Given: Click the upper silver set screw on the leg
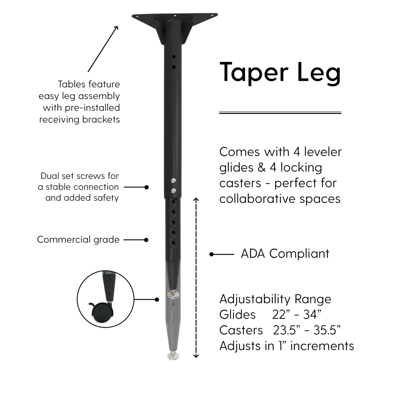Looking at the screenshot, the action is (x=173, y=181).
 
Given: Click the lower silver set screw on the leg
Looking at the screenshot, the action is (x=173, y=191).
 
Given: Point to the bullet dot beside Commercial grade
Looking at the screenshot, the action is (x=146, y=240).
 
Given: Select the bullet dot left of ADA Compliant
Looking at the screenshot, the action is (x=211, y=254).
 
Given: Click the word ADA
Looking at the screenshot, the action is (x=253, y=253).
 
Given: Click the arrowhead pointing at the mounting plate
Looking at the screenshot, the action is (x=116, y=27).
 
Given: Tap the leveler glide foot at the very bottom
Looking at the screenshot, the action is (x=173, y=356).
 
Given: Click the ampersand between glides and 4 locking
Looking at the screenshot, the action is (x=261, y=168).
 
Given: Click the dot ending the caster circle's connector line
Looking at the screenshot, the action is (x=157, y=299).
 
